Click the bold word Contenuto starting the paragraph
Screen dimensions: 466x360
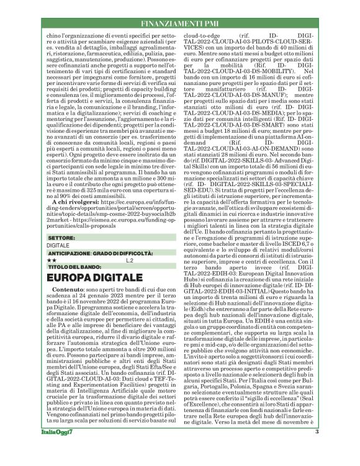click(68, 290)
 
